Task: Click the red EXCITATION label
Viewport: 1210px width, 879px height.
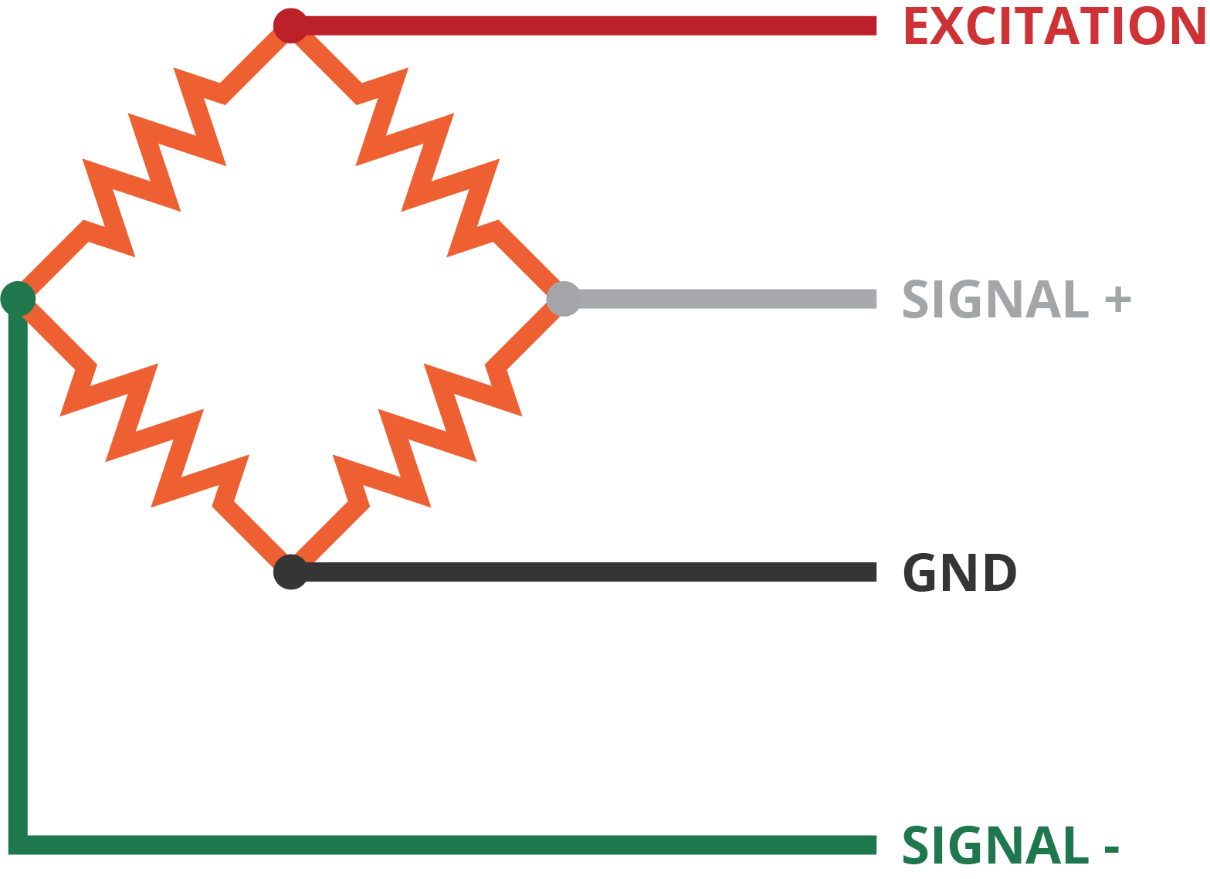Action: point(1054,26)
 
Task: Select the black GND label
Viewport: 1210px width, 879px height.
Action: point(959,573)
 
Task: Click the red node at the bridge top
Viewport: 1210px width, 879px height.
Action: point(290,25)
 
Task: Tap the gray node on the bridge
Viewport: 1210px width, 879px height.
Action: point(564,299)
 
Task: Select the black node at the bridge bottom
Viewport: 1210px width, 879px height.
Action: point(290,572)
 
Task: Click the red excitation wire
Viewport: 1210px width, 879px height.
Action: point(587,26)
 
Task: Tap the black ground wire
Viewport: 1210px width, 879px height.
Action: point(587,572)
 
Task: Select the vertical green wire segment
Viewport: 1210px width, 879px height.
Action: point(18,572)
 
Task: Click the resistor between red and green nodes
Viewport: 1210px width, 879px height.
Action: point(154,162)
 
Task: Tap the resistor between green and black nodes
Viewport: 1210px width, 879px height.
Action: point(154,436)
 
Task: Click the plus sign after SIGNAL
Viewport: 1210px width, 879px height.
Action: point(1117,300)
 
